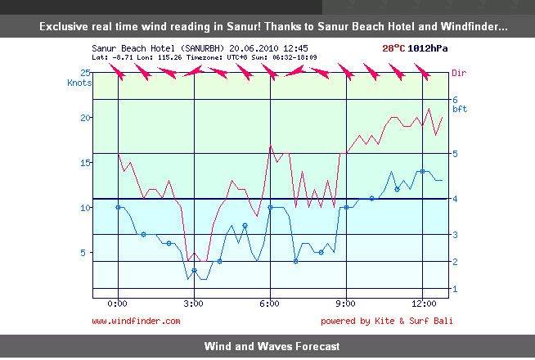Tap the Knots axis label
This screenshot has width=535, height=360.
click(x=79, y=83)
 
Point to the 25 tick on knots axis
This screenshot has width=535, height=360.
click(x=83, y=73)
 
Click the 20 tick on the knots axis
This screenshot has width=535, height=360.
click(x=83, y=117)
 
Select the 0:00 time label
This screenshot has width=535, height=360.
click(x=119, y=304)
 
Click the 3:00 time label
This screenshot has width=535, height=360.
click(x=194, y=304)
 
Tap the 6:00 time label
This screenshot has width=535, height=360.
click(x=270, y=304)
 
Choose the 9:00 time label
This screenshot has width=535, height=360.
click(x=346, y=304)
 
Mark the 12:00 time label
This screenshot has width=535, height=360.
click(x=422, y=304)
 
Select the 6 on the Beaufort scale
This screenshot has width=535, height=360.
click(x=455, y=100)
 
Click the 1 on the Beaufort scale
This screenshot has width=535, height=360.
click(x=455, y=289)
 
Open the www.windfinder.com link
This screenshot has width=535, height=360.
click(x=136, y=322)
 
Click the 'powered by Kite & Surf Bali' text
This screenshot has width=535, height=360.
click(x=386, y=322)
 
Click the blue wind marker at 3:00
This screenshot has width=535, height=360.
click(x=194, y=271)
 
